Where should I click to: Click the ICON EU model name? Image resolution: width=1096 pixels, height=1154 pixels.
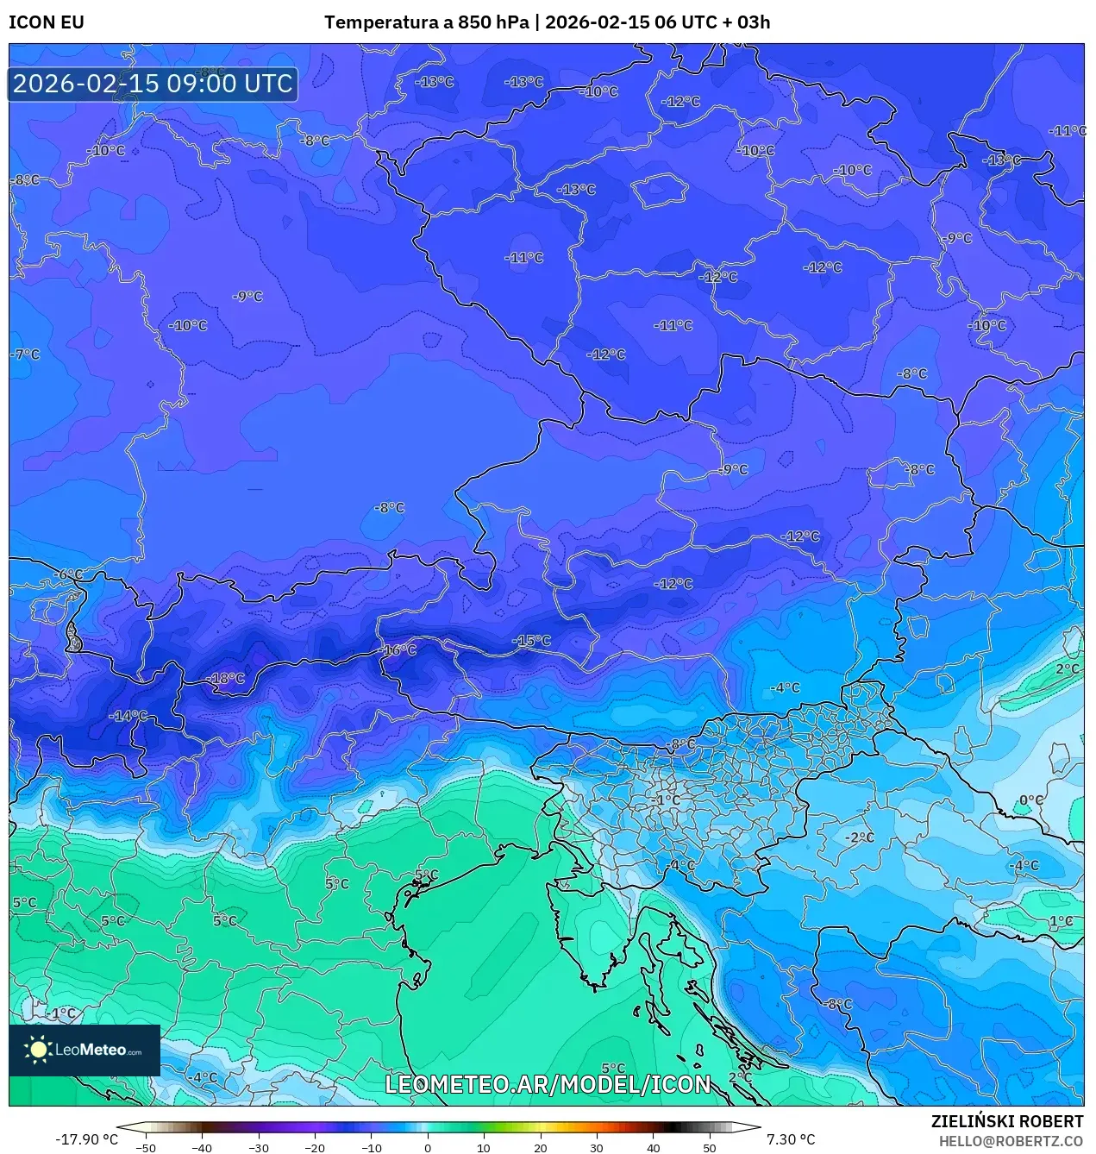pos(47,22)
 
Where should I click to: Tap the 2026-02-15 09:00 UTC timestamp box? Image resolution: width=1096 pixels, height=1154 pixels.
pos(153,84)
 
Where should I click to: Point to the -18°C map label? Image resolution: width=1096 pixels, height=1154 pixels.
pos(227,679)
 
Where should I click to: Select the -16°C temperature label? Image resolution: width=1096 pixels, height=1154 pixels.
pos(398,650)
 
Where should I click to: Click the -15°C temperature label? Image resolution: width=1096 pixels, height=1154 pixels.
pos(531,641)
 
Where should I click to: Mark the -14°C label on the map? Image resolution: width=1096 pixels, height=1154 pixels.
pos(128,716)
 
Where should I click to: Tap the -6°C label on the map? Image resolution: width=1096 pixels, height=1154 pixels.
pos(68,574)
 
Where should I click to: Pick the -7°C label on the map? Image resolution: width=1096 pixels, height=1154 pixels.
pos(25,354)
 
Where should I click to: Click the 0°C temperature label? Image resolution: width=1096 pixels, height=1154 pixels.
pos(1031,800)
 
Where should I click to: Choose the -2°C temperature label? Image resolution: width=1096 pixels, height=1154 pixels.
pos(859,837)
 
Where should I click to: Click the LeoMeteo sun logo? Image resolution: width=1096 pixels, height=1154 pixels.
pos(39,1050)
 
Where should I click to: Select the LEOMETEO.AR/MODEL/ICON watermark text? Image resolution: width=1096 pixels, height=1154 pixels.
pos(548,1084)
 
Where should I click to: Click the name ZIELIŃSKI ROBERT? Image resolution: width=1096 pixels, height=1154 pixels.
pos(1006,1121)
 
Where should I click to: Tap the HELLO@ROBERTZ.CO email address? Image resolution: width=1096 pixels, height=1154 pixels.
pos(1011,1140)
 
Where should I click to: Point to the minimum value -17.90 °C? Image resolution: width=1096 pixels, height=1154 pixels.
pos(86,1139)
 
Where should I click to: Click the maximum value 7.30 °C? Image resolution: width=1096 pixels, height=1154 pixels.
pos(790,1139)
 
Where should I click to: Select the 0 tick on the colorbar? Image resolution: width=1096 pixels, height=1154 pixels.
pos(428,1148)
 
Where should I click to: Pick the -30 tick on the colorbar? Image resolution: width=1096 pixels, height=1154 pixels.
pos(259,1148)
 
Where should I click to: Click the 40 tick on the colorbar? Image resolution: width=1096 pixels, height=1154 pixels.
pos(653,1148)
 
